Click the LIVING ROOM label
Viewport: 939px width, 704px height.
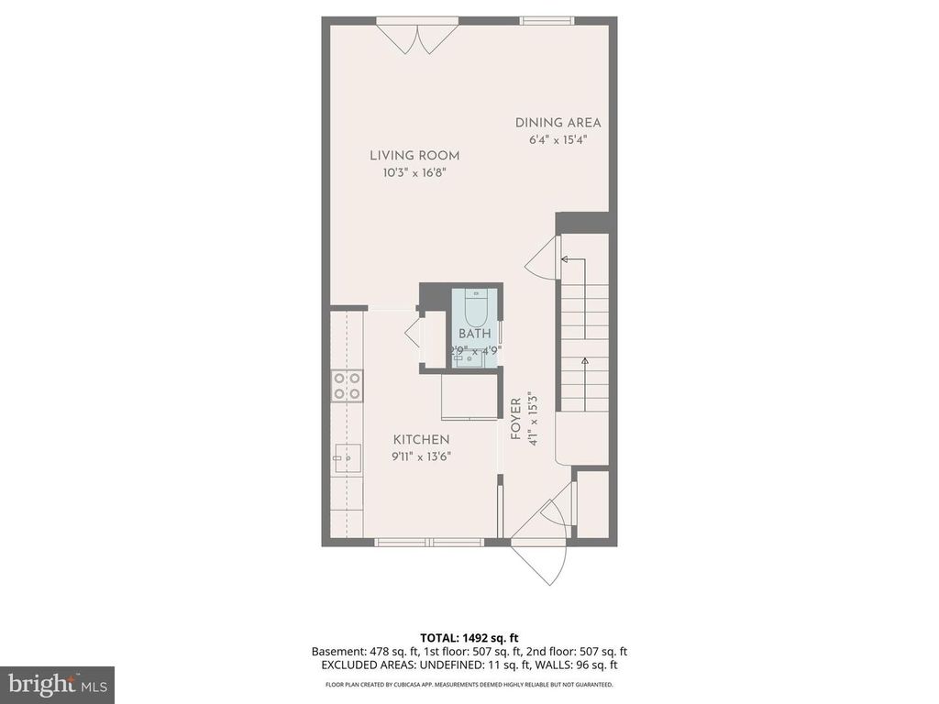point(414,155)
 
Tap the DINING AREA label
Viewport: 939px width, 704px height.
point(558,122)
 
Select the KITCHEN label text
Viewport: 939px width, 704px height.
point(422,440)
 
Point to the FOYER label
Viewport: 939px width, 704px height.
point(516,420)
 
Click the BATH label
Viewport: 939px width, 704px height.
point(475,334)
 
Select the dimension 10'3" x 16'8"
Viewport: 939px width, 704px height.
point(414,172)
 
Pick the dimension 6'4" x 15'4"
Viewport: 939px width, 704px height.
point(558,140)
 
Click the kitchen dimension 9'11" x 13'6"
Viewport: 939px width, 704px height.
point(422,456)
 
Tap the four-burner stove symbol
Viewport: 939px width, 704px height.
point(347,385)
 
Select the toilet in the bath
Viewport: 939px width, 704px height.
point(475,303)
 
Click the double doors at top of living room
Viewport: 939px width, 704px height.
point(418,37)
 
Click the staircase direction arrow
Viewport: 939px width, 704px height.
point(584,367)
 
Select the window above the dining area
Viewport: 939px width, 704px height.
point(547,20)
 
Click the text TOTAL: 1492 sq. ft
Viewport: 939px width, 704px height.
point(469,637)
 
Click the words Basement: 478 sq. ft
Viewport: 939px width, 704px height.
point(360,651)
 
